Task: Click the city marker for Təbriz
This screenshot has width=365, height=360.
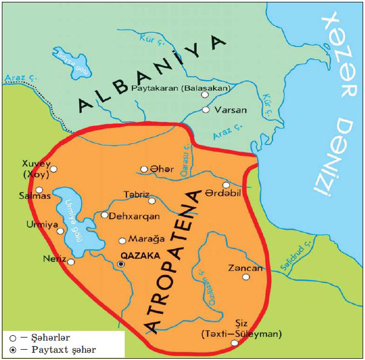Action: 152,201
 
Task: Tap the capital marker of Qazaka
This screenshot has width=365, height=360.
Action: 122,264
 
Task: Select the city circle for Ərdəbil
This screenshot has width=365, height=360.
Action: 226,185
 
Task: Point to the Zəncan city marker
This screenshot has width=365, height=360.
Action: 246,277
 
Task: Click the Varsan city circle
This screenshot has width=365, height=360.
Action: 206,110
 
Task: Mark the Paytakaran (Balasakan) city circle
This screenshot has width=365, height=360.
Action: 205,95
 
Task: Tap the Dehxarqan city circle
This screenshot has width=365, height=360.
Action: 105,215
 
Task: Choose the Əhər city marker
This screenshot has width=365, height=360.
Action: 144,169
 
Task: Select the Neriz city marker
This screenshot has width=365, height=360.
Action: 71,262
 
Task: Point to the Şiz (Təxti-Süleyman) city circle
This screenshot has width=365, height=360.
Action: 234,343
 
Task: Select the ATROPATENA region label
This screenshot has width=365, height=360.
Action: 176,261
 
